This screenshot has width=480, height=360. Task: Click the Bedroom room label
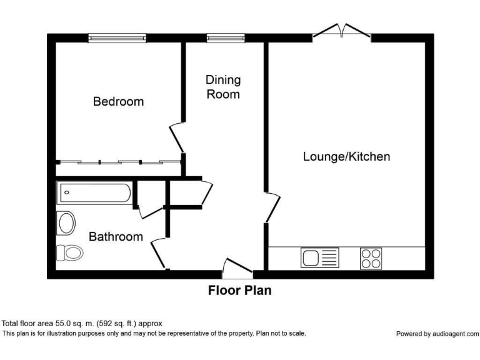click(x=119, y=101)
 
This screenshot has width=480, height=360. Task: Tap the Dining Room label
click(x=223, y=87)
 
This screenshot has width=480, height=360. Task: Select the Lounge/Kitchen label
click(x=346, y=156)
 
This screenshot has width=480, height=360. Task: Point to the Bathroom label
click(x=116, y=237)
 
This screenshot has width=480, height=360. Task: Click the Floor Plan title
click(x=240, y=291)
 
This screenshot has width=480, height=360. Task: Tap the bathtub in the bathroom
click(x=95, y=192)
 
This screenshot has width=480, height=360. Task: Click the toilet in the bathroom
click(x=70, y=253)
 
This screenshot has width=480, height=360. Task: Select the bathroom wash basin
click(x=66, y=223)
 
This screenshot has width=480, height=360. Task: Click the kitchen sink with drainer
click(x=320, y=257)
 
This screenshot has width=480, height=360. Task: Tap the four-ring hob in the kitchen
click(x=371, y=258)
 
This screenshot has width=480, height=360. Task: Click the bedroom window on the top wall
click(x=117, y=38)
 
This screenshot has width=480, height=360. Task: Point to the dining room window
click(x=226, y=38)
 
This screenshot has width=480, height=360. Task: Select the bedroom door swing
click(x=177, y=137)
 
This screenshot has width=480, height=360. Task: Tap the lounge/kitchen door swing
click(x=272, y=207)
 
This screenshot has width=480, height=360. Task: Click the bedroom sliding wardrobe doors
click(x=119, y=162)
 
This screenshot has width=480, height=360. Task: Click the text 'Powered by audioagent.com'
click(x=437, y=334)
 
